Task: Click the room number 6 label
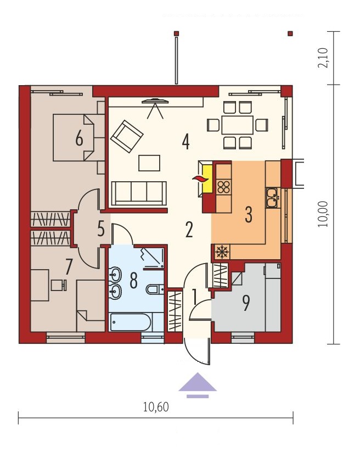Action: (x=79, y=138)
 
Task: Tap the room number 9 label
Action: (x=246, y=303)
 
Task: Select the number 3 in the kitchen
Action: (x=249, y=215)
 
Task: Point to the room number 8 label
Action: (x=133, y=281)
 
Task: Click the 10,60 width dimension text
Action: (x=156, y=407)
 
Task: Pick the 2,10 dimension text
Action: (x=323, y=58)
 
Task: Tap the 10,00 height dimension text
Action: (x=323, y=214)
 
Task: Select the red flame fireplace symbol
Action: (x=200, y=178)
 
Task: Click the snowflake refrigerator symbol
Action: (x=222, y=252)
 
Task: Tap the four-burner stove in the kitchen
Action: (x=223, y=187)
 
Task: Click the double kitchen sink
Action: (x=272, y=198)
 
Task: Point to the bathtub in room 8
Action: (x=131, y=322)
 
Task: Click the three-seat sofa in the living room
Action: (x=139, y=193)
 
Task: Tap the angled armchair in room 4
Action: (x=127, y=136)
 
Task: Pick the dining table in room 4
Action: (x=237, y=125)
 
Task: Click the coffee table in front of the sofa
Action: (x=149, y=163)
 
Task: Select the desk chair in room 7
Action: (x=59, y=285)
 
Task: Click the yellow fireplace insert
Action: (x=207, y=178)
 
